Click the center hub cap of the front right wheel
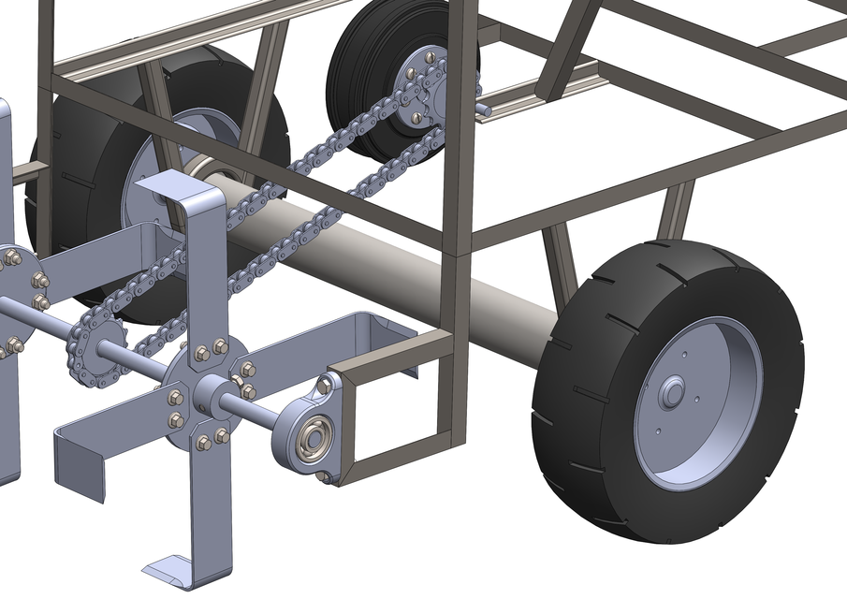coord(671,393)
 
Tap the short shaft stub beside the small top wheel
coord(488,109)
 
